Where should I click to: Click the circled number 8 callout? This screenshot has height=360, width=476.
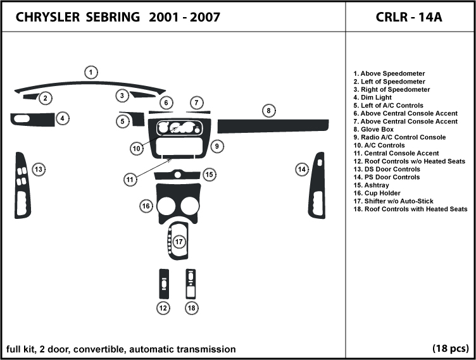point(268,111)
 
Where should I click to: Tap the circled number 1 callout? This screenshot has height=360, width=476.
point(91,73)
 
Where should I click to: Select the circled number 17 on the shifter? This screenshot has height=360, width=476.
point(179,242)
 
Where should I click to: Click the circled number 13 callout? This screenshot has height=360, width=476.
point(39,169)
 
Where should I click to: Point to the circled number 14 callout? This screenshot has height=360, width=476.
point(302,169)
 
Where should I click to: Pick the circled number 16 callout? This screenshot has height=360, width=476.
point(146,206)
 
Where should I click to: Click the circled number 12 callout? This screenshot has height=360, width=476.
point(163,307)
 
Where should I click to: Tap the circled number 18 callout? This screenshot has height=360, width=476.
point(192,307)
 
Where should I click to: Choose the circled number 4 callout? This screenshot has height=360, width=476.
point(62,118)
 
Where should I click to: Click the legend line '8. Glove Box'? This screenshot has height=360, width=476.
point(378,129)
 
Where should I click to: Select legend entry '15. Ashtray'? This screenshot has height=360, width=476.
point(377,185)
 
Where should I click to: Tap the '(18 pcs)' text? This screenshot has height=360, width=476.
point(450,349)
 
